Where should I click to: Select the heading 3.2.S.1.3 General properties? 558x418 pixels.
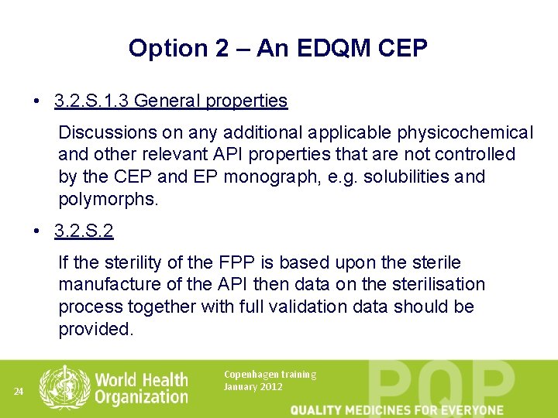pyautogui.click(x=170, y=101)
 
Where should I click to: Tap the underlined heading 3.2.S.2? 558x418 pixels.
pyautogui.click(x=84, y=231)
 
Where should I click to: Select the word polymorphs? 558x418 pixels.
pyautogui.click(x=108, y=199)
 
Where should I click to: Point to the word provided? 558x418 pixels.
pyautogui.click(x=95, y=329)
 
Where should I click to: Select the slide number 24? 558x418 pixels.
pyautogui.click(x=19, y=392)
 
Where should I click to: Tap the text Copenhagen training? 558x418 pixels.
pyautogui.click(x=270, y=375)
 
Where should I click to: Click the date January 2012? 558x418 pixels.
pyautogui.click(x=253, y=387)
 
